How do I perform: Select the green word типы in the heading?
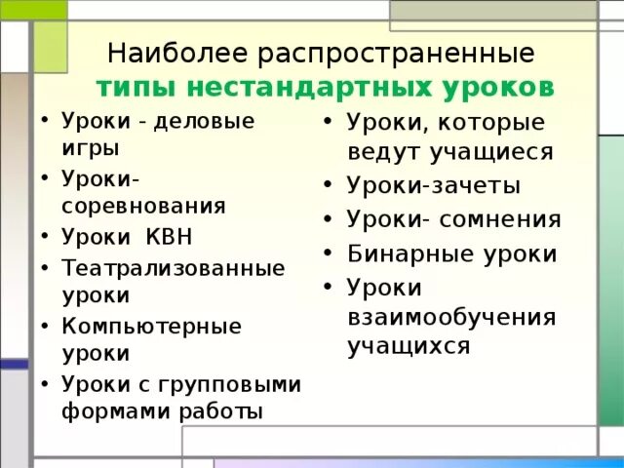coord(136,86)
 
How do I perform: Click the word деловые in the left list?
coord(208,121)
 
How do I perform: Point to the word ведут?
coord(388,152)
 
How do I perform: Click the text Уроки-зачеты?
coord(433,186)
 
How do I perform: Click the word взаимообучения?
coord(450,317)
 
